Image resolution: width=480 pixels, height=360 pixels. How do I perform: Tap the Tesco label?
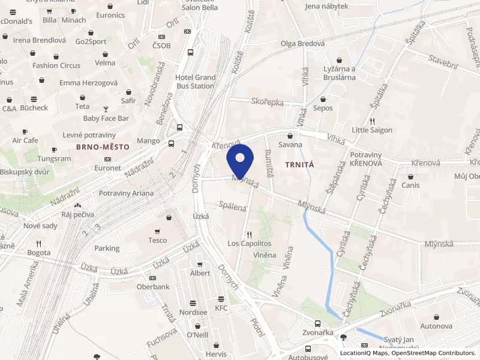(x=157, y=240)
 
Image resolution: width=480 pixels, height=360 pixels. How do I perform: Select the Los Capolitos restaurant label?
(x=249, y=244)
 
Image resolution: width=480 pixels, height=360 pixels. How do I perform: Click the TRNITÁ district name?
(x=300, y=163)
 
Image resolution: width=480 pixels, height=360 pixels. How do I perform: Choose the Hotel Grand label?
(x=195, y=77)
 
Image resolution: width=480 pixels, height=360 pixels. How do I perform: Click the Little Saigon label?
(x=372, y=130)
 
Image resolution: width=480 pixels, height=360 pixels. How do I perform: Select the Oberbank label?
(x=152, y=286)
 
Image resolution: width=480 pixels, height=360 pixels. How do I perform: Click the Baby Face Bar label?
(x=106, y=118)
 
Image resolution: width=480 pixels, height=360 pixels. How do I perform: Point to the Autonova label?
(x=436, y=326)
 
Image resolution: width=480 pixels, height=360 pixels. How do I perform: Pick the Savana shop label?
(x=291, y=145)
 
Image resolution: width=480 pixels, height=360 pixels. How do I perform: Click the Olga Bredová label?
(x=302, y=43)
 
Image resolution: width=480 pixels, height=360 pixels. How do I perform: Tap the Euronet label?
(x=107, y=169)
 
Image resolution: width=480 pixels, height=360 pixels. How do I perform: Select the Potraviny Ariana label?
(x=126, y=193)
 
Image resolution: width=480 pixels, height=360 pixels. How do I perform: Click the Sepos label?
(x=323, y=108)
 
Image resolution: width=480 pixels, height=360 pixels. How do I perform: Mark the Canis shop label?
(x=410, y=185)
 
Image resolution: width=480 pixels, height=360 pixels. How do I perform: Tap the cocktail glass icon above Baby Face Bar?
(x=106, y=109)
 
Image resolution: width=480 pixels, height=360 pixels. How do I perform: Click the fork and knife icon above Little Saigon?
(x=372, y=121)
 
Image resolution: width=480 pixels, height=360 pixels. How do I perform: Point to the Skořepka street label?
(x=268, y=103)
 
